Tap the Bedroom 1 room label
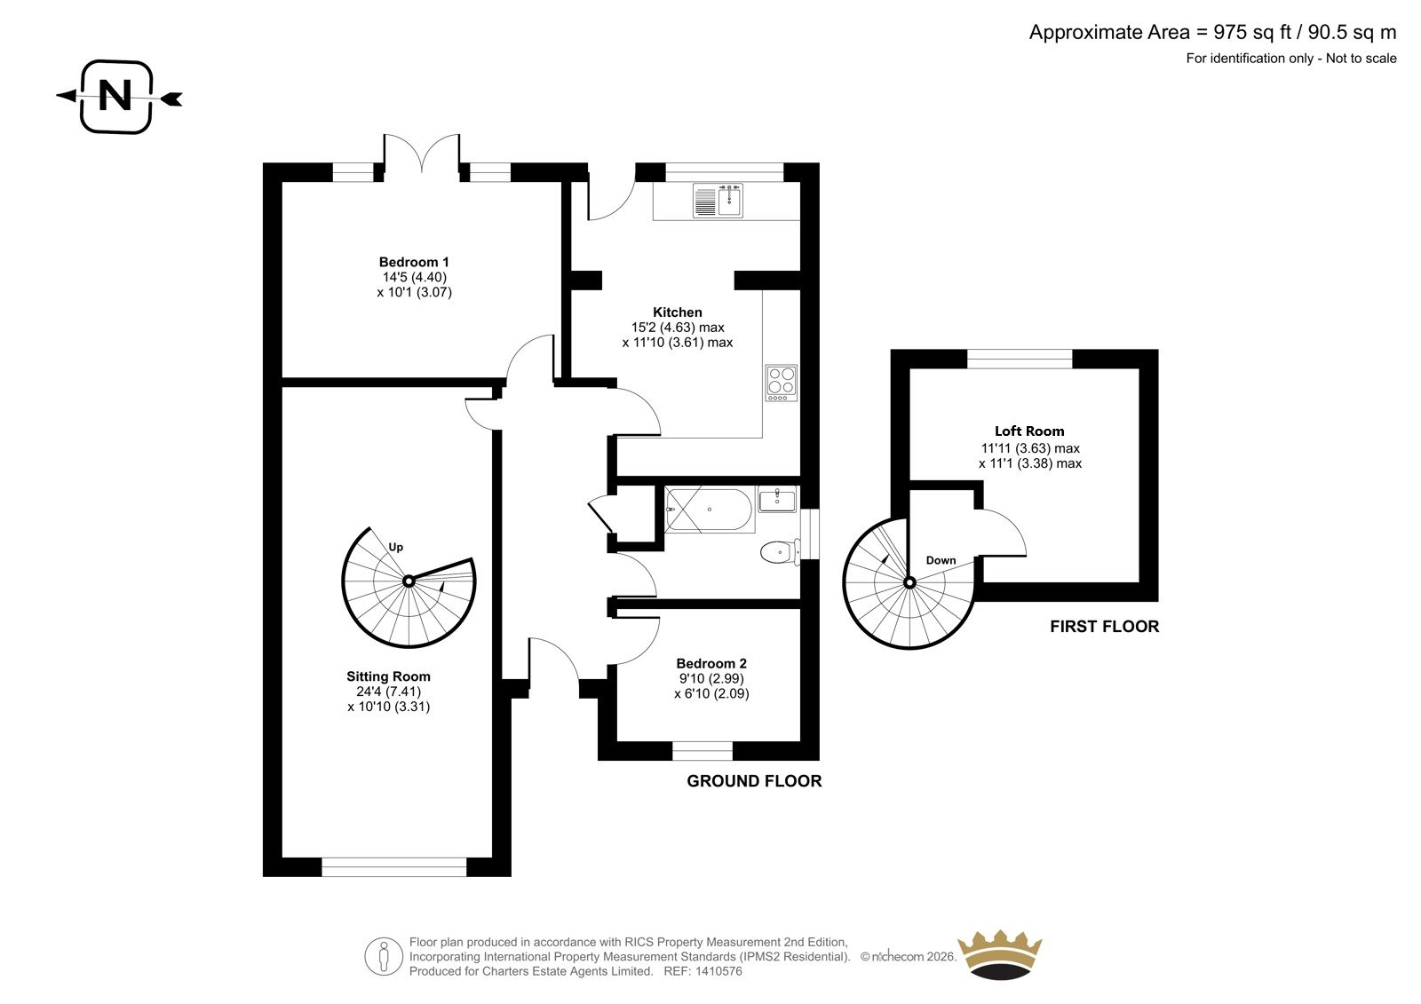tap(414, 262)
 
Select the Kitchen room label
tap(678, 312)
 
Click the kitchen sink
tap(718, 201)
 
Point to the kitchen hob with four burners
tap(782, 383)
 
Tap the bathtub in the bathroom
tap(710, 509)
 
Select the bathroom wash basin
tap(777, 499)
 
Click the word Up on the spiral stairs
tap(396, 548)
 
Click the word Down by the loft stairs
tap(941, 560)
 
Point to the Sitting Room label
tap(388, 676)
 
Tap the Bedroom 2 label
tap(711, 663)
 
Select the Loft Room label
tap(1029, 431)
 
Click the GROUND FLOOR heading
tap(754, 781)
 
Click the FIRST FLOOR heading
tap(1105, 627)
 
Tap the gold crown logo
tap(1000, 954)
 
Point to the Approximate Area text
tap(1212, 32)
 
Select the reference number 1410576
tap(718, 971)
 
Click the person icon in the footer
tap(383, 956)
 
